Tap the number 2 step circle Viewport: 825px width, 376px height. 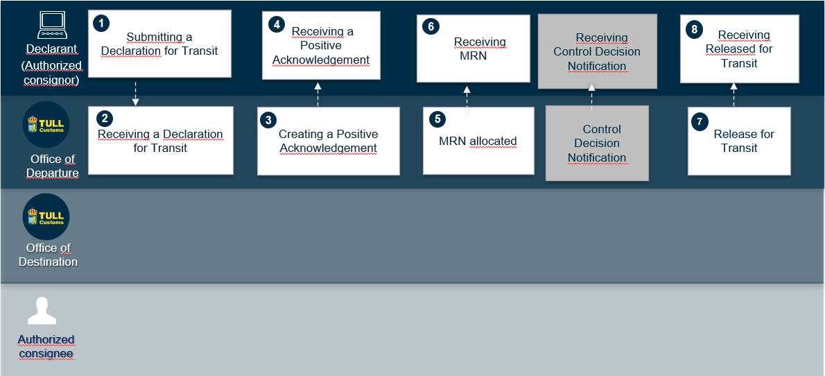coord(105,119)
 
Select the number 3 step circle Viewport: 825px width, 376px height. coord(268,119)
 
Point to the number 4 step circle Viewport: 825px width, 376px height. coord(275,24)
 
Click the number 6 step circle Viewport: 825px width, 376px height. coord(430,27)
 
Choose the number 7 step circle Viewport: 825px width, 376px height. coord(700,121)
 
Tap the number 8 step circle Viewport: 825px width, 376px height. coord(693,29)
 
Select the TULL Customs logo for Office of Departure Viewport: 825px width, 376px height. coord(46,125)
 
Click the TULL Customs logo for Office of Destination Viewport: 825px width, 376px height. coord(46,217)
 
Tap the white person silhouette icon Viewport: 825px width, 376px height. coord(42,311)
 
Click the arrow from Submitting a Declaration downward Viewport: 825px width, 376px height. coord(135,94)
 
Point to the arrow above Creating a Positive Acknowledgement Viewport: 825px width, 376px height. coord(318,94)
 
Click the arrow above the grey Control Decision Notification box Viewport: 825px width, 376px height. coord(591,96)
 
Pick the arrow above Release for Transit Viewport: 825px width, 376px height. coord(734,95)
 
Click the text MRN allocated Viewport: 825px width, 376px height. coord(478,141)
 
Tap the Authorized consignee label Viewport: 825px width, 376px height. coord(46,346)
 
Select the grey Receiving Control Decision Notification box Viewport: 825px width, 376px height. coord(597,51)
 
